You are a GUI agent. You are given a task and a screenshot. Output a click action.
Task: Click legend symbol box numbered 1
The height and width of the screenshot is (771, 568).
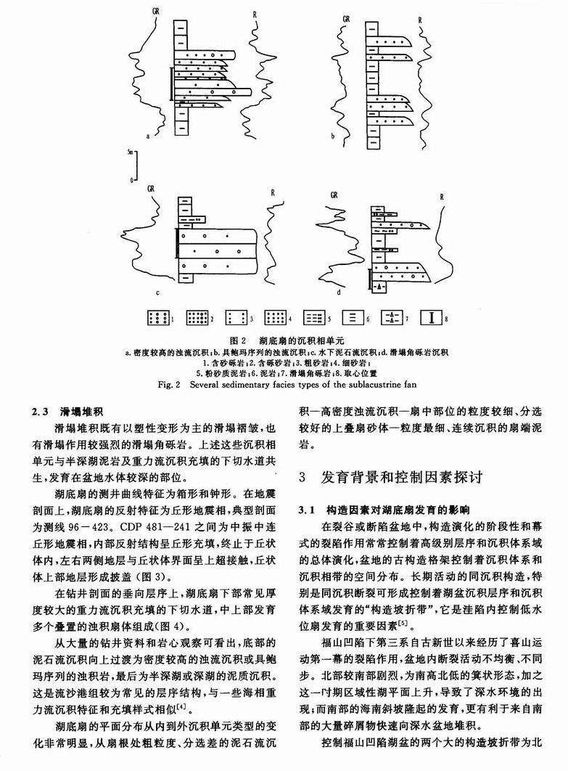pyautogui.click(x=157, y=317)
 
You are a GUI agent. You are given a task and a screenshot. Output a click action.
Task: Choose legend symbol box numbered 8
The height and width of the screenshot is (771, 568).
pyautogui.click(x=432, y=317)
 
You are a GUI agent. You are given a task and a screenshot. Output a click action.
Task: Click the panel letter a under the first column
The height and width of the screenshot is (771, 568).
pyautogui.click(x=148, y=136)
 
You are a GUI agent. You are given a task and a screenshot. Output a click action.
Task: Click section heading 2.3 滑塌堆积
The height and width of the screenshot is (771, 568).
pyautogui.click(x=62, y=410)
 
